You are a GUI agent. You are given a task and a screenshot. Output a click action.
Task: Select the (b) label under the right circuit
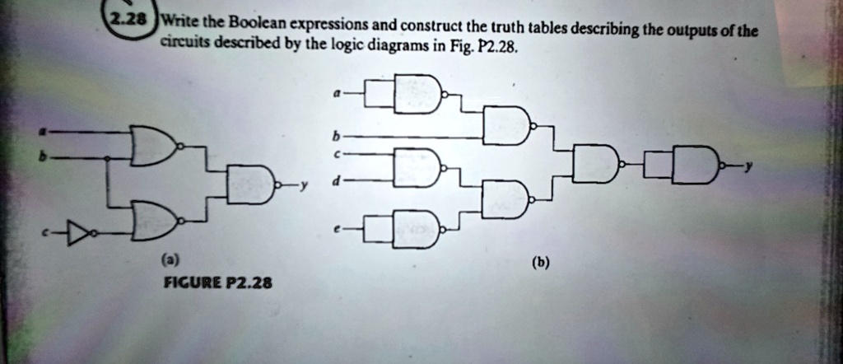point(540,264)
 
